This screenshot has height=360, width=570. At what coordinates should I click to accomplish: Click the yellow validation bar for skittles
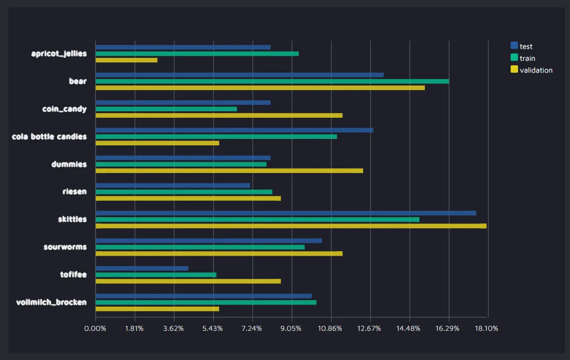coord(291,226)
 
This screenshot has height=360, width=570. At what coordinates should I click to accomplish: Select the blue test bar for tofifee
coord(142,269)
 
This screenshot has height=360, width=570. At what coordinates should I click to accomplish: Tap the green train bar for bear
coord(272,81)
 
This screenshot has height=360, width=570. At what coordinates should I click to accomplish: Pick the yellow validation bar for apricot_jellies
coord(126,60)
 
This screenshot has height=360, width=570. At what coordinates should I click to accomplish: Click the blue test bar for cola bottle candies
coord(235,130)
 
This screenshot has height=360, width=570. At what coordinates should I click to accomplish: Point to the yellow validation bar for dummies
coord(229,171)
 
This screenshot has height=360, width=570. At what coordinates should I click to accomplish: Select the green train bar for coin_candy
coord(166,109)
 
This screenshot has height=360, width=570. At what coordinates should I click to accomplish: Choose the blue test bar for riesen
coord(173,185)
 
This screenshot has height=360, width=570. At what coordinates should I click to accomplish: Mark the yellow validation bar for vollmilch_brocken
coord(157,309)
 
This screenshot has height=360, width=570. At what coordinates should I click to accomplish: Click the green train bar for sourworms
coord(200,247)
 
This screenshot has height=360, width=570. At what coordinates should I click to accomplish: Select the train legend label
coord(527,58)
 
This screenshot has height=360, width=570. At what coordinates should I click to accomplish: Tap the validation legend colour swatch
coord(514,70)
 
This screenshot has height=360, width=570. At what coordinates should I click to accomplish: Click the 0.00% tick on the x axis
coord(95,329)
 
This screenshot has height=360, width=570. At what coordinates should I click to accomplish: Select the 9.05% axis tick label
coord(291,329)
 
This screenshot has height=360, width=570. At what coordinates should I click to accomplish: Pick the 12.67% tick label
coord(370,329)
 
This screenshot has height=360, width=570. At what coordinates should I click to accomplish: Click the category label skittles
coord(72,219)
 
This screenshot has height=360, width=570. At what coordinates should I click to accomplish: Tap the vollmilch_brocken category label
coord(51,302)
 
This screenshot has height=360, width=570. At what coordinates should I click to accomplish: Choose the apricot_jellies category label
coord(59,53)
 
